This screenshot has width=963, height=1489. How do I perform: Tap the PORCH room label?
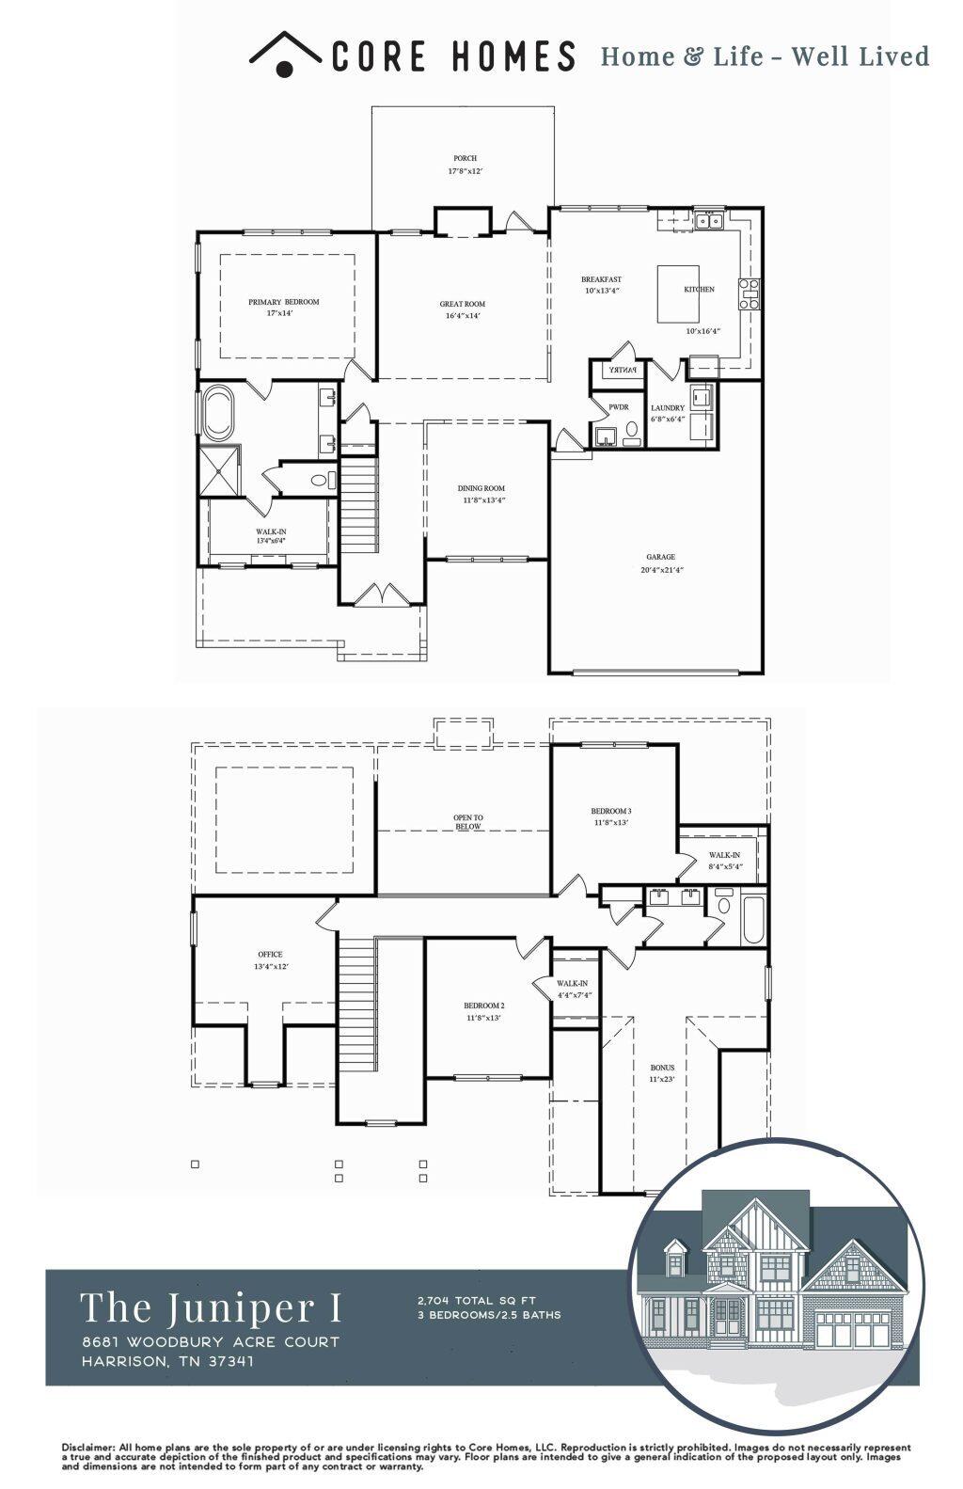[x=465, y=158]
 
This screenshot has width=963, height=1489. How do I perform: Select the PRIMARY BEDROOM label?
[x=283, y=302]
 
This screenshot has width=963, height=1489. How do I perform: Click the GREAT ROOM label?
[x=463, y=304]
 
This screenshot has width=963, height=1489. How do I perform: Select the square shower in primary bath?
[x=219, y=470]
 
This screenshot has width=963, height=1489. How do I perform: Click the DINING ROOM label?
[x=481, y=488]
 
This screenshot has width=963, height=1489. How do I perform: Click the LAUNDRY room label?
[x=668, y=408]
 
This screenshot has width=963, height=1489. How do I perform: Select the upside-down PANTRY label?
[x=622, y=371]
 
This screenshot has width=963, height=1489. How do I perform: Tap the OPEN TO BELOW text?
[x=467, y=822]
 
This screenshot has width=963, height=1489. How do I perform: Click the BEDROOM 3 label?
[x=611, y=811]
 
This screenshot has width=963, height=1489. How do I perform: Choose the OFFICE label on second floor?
[x=271, y=954]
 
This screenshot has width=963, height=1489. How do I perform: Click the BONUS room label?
[x=662, y=1068]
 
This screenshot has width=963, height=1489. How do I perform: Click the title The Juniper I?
[x=211, y=1307]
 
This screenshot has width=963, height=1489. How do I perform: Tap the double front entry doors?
[x=380, y=594]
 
